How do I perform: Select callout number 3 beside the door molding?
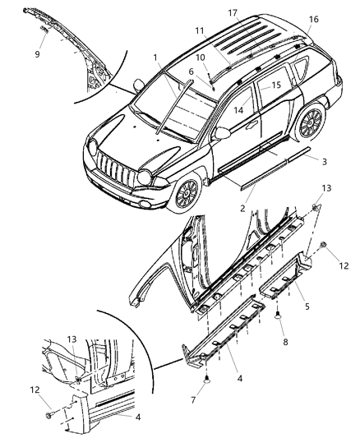324,161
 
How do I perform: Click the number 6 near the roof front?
192,72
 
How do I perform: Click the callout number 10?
199,58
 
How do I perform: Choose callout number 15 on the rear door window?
275,85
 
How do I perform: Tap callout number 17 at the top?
233,12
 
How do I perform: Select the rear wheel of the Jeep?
310,124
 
